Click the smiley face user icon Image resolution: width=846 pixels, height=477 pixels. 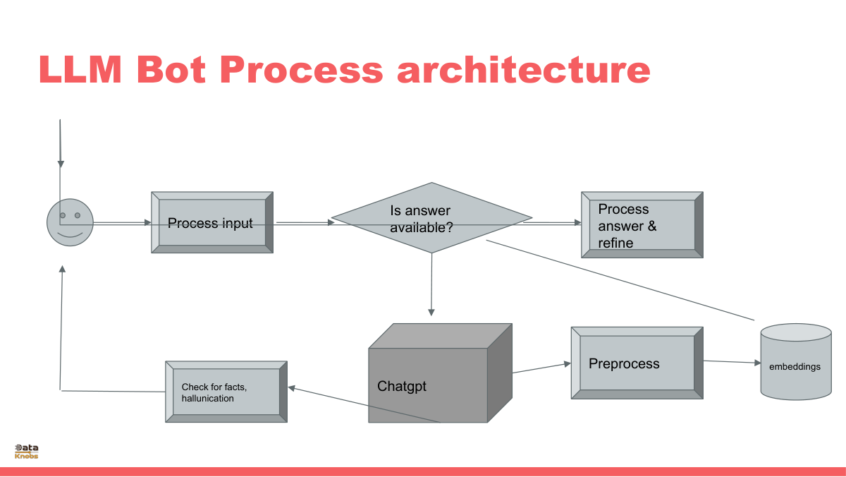click(x=70, y=222)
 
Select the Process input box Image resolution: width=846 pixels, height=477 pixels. click(x=212, y=222)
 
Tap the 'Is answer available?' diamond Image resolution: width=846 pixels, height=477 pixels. click(x=431, y=218)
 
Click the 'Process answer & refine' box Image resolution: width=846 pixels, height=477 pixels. click(x=642, y=225)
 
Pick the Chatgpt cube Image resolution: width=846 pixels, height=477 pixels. click(x=441, y=373)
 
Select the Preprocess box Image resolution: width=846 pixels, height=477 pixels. click(x=637, y=363)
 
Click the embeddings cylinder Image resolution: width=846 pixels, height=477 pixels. click(x=796, y=362)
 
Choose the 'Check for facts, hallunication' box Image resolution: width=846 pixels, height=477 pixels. click(x=226, y=392)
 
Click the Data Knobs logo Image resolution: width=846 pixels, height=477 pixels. click(x=27, y=452)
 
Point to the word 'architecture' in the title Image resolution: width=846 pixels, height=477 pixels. click(x=524, y=70)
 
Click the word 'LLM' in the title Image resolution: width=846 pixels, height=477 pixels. click(x=80, y=70)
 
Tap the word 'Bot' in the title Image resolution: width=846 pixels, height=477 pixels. click(x=171, y=70)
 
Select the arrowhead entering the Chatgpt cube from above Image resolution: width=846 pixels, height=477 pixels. click(x=431, y=313)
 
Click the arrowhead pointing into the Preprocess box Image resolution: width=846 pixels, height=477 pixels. click(x=568, y=363)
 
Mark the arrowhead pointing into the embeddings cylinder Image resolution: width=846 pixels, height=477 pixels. click(x=757, y=363)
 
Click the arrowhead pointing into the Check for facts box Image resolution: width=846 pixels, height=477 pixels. click(x=292, y=388)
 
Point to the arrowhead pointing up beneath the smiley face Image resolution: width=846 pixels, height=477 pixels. click(x=62, y=269)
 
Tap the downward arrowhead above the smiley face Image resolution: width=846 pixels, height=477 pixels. click(x=61, y=164)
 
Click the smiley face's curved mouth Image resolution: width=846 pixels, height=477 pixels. click(x=70, y=235)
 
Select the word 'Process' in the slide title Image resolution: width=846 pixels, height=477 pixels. click(x=302, y=70)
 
